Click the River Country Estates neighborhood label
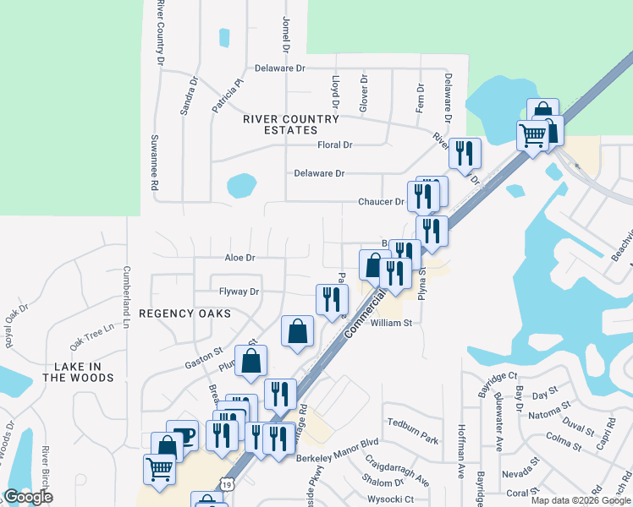279,124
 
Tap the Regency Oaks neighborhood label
184,313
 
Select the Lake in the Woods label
79,372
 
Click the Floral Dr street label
334,145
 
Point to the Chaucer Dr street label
382,202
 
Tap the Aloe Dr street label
239,257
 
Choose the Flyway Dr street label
239,292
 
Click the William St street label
391,323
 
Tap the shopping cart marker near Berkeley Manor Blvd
160,468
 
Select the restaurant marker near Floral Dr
465,153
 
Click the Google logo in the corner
28,497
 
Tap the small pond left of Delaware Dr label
241,184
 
